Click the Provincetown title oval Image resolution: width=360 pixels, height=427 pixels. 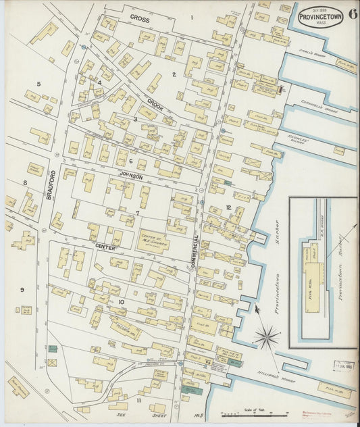click(319, 17)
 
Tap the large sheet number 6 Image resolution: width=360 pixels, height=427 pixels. click(353, 16)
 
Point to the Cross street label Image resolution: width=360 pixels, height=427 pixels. click(140, 18)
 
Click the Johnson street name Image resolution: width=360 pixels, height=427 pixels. click(132, 175)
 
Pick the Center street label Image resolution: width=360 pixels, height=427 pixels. click(106, 247)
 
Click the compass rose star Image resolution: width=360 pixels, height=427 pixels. click(267, 335)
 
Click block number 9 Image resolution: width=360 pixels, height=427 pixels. click(22, 290)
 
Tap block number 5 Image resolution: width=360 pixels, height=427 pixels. click(38, 84)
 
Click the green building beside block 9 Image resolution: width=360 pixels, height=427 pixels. click(52, 349)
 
